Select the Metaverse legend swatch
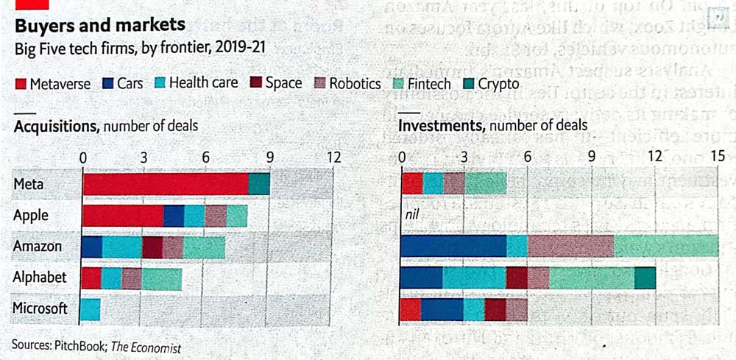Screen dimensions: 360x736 [21, 84]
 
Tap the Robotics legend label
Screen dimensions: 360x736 [355, 84]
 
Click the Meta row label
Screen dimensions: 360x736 [29, 184]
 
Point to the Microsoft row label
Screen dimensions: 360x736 [40, 308]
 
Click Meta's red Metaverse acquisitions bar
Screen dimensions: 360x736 [165, 184]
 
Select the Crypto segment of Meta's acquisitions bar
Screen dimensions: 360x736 [259, 184]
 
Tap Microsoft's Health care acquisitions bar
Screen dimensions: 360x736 [91, 309]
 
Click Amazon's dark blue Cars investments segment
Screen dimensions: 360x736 [453, 246]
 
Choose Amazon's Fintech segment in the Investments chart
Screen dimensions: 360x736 [665, 246]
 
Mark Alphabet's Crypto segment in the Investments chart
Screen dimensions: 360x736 [645, 278]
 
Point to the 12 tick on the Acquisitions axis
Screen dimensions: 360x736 [333, 157]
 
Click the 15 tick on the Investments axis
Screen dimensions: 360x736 [718, 156]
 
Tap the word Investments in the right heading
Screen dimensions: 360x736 [441, 126]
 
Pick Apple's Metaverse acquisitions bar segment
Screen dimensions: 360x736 [123, 216]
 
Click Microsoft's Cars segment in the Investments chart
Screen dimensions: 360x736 [442, 309]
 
